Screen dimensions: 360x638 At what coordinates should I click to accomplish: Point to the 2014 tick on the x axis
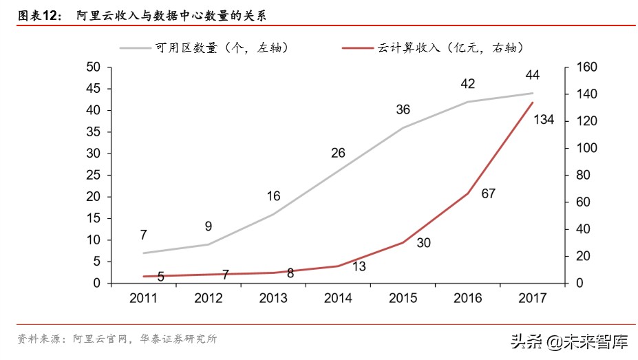click(x=338, y=298)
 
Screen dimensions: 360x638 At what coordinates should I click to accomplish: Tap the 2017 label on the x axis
click(x=532, y=298)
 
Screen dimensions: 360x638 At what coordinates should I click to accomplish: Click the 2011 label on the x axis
click(x=143, y=298)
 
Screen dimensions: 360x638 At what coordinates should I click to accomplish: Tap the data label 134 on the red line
click(x=543, y=121)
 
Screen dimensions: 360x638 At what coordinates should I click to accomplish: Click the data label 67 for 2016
click(x=488, y=194)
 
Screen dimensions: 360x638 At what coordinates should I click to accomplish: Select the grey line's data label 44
click(x=531, y=74)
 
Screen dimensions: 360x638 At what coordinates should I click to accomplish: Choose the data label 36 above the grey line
click(x=403, y=109)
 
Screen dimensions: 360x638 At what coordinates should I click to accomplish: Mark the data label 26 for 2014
click(x=338, y=153)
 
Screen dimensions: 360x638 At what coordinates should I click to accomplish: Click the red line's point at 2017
click(x=532, y=103)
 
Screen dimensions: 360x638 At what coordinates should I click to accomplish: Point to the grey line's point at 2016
click(x=467, y=102)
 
